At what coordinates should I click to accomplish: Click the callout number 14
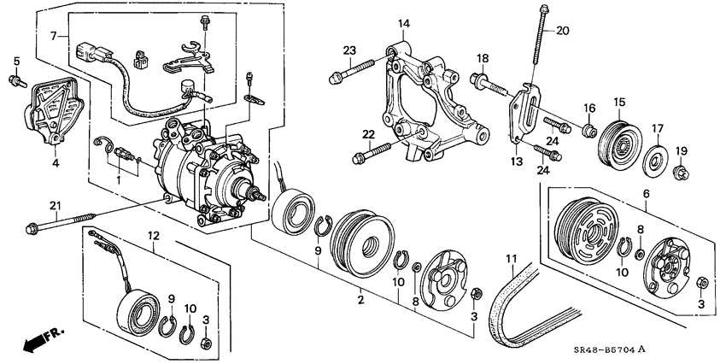404,23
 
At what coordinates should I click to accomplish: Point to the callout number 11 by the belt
511,258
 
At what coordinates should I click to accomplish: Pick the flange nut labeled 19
682,175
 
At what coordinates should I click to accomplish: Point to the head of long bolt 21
32,228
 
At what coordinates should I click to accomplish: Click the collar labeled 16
588,131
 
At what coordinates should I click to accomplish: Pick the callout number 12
153,235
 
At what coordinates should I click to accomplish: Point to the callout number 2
360,300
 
